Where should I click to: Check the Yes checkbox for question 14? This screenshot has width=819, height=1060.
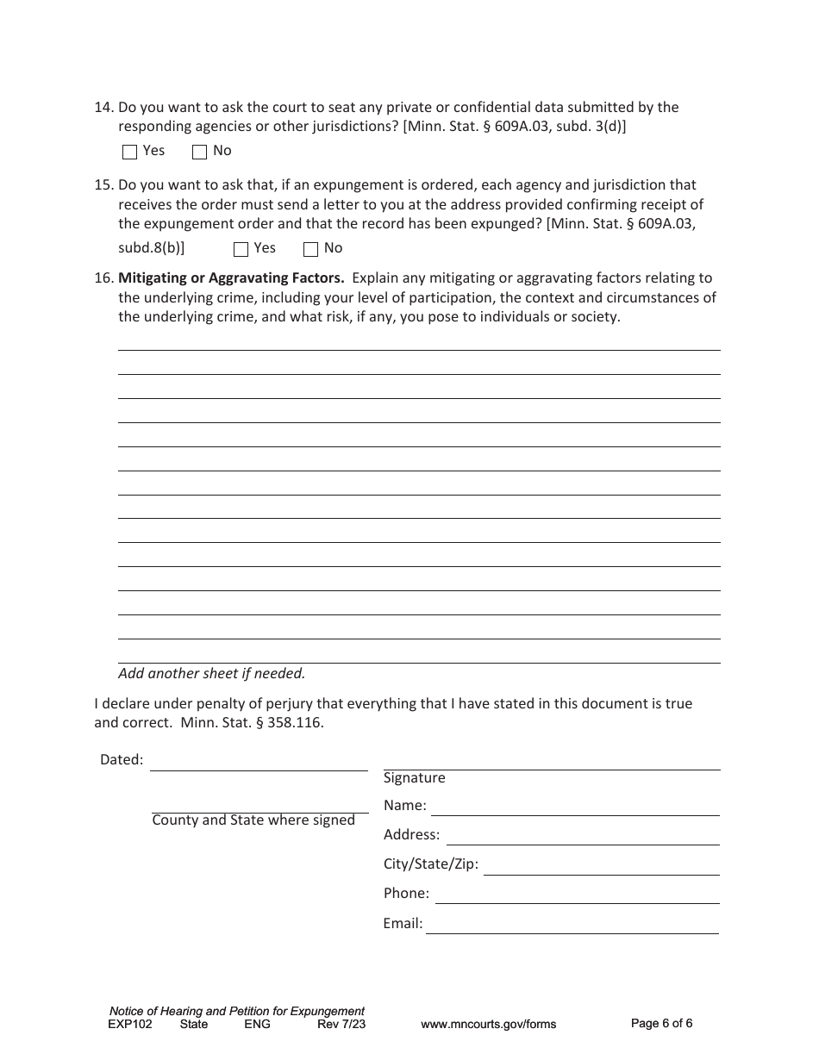(130, 153)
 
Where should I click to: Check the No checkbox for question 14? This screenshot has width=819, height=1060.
(199, 153)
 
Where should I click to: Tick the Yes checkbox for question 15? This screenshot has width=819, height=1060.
(241, 250)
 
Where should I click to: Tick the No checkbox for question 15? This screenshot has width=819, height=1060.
(310, 250)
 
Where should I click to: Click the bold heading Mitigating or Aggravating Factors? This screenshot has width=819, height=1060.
(231, 278)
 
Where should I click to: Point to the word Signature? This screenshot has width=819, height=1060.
(415, 778)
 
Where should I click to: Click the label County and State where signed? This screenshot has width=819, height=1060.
(253, 820)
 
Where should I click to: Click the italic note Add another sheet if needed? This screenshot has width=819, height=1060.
(211, 674)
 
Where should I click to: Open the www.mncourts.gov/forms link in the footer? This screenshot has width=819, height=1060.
(488, 1025)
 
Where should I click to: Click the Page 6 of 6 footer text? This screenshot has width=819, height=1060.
(661, 1024)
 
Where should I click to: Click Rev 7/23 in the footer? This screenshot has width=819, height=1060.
(341, 1025)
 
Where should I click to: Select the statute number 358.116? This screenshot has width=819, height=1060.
(298, 723)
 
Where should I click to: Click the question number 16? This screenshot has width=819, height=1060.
(103, 278)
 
